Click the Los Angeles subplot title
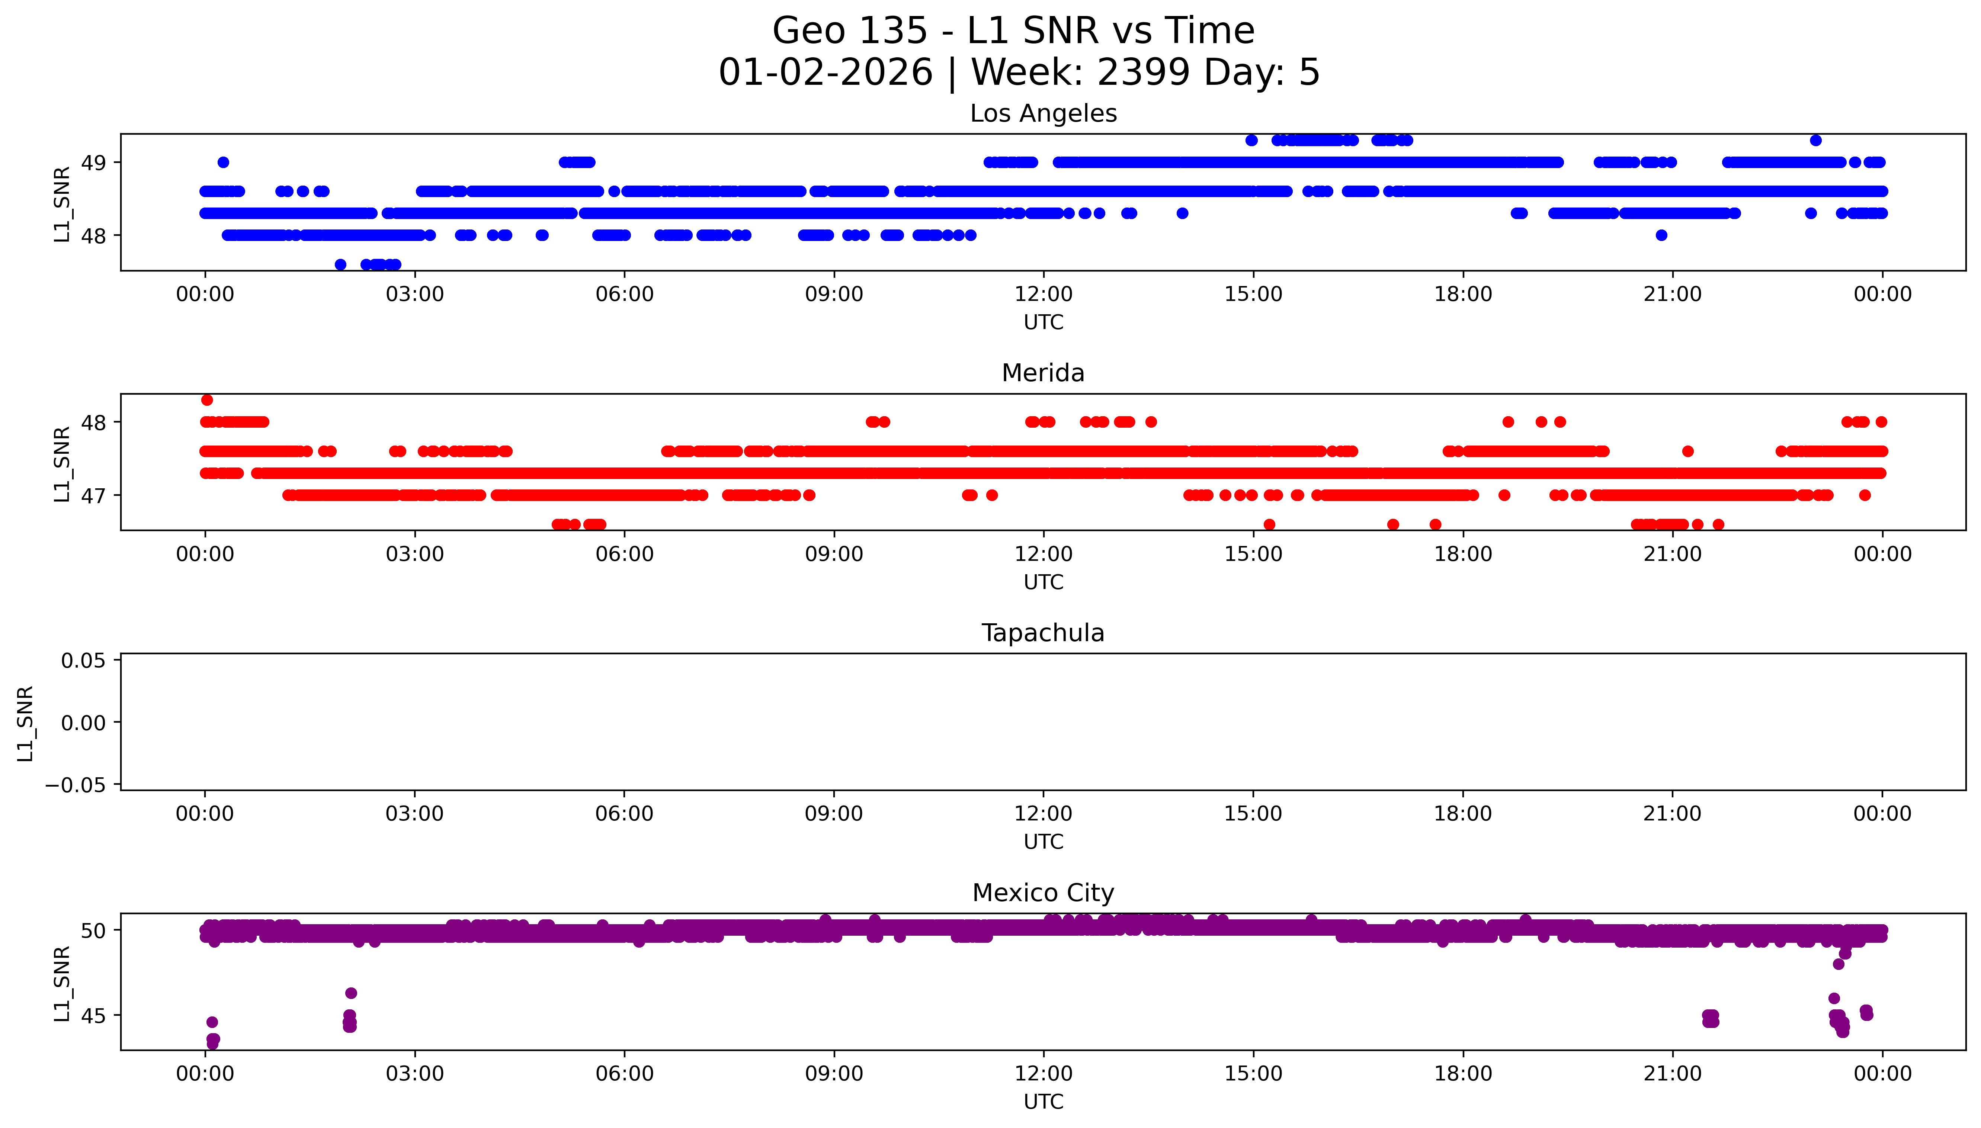pyautogui.click(x=1043, y=114)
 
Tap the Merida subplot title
pyautogui.click(x=1043, y=373)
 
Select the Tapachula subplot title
pyautogui.click(x=1043, y=633)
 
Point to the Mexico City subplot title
pyautogui.click(x=1043, y=893)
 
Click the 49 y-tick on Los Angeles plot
pyautogui.click(x=94, y=163)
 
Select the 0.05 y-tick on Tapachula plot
pyautogui.click(x=84, y=661)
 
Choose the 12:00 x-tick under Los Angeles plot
pyautogui.click(x=1044, y=295)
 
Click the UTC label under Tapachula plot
pyautogui.click(x=1043, y=842)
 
